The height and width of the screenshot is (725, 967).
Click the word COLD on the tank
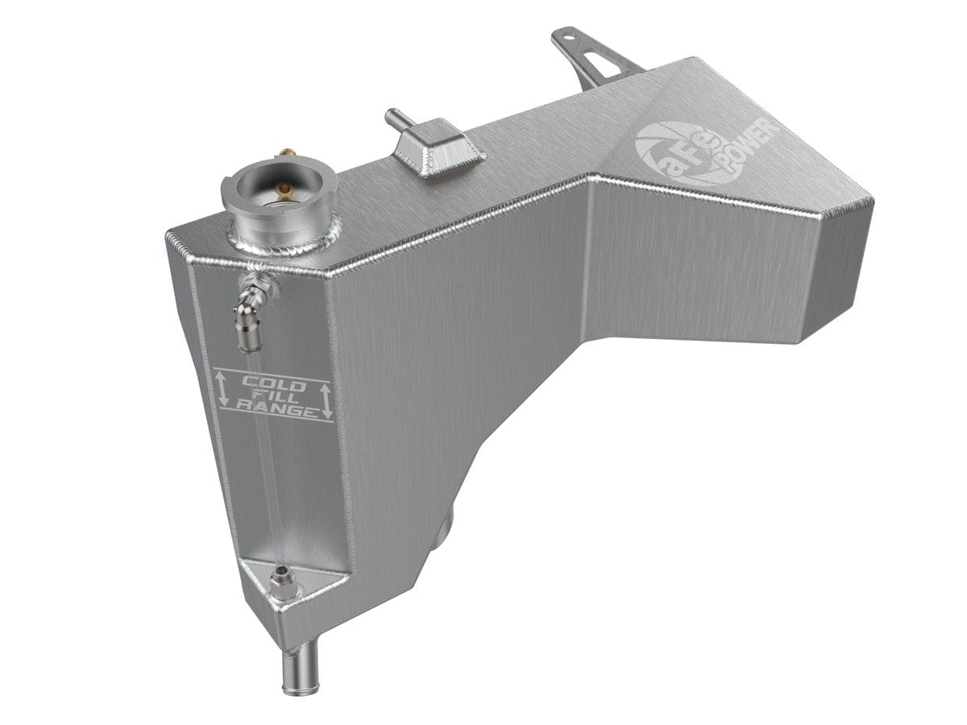(x=273, y=383)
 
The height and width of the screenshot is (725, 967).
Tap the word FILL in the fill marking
(x=274, y=397)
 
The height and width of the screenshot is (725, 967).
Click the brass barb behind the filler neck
(x=218, y=152)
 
